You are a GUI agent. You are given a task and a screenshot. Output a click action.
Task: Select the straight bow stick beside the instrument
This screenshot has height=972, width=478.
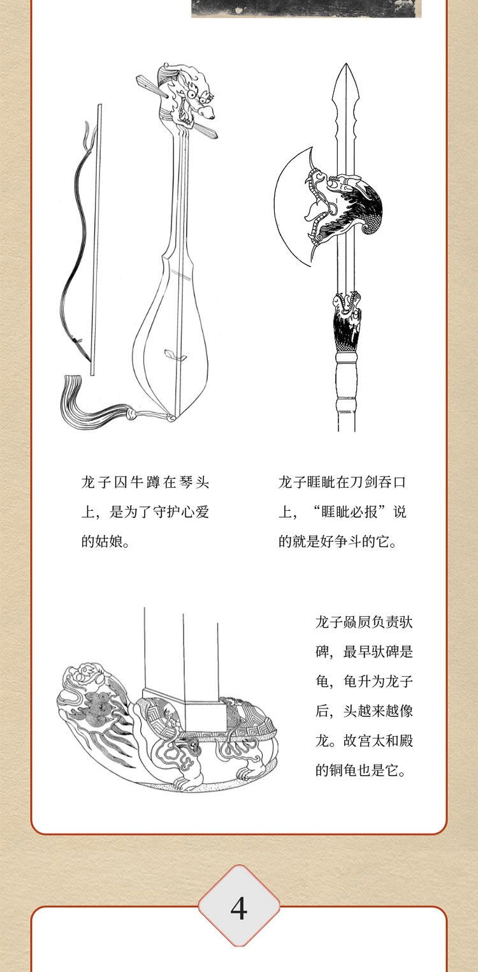pyautogui.click(x=96, y=239)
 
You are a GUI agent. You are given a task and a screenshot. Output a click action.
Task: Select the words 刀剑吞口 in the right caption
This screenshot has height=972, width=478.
pyautogui.click(x=377, y=483)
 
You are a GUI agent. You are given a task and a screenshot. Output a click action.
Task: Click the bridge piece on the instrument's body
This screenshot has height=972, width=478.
pyautogui.click(x=176, y=355)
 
